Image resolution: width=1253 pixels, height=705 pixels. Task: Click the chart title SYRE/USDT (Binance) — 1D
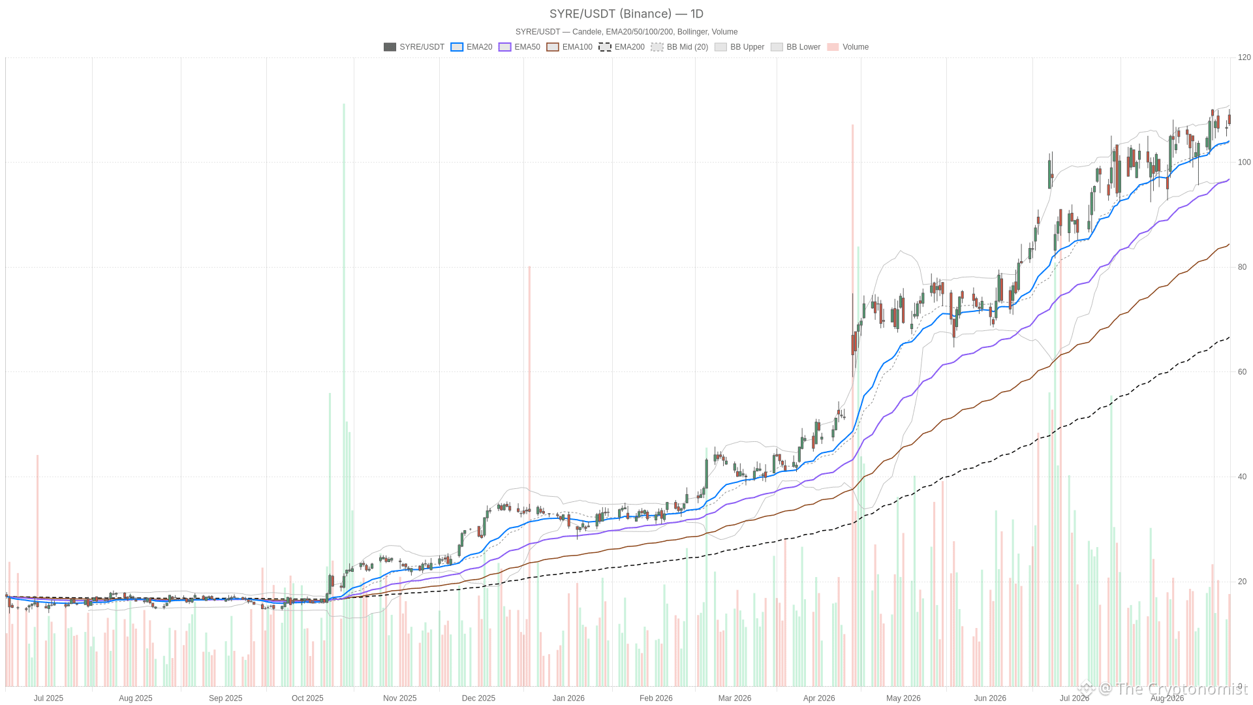(626, 14)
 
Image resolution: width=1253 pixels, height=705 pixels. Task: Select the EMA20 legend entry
(471, 47)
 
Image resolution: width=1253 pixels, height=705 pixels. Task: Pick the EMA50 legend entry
(519, 47)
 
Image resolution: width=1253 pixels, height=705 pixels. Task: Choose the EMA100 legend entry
(570, 47)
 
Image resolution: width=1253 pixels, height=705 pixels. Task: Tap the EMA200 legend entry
(622, 47)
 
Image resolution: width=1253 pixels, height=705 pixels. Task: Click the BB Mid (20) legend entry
(679, 47)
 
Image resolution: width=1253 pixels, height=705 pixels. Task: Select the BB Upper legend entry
(739, 47)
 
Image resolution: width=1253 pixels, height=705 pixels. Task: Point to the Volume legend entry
(848, 47)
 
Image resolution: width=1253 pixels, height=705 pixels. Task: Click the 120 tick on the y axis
(1245, 57)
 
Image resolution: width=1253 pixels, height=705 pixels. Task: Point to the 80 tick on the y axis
(1243, 267)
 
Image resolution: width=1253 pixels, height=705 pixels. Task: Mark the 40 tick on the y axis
(1243, 477)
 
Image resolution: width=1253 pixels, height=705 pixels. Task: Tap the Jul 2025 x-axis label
(49, 698)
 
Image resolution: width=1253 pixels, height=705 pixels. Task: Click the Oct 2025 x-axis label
(307, 698)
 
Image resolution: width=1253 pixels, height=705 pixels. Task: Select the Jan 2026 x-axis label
(568, 698)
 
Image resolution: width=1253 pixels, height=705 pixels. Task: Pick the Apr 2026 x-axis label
(819, 698)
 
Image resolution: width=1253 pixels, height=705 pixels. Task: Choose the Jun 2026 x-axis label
(990, 698)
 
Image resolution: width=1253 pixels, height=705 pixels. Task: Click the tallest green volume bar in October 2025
(344, 395)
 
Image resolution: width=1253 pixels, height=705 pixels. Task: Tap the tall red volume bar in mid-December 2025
(529, 476)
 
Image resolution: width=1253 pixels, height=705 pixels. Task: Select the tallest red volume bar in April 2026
(852, 405)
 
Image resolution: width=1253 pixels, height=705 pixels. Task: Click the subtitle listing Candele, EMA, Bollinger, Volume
(626, 32)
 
